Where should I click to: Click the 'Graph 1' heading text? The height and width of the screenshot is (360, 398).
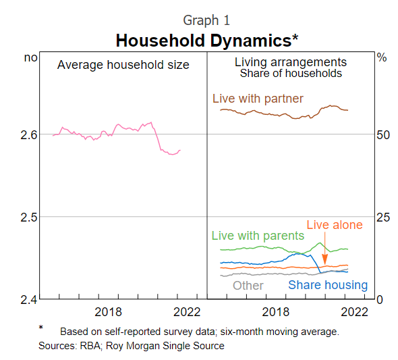[206, 20]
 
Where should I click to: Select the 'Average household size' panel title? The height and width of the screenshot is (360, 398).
[123, 65]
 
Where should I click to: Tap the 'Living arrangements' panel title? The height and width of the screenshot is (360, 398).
[291, 62]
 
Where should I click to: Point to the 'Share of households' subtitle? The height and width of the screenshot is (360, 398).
[291, 74]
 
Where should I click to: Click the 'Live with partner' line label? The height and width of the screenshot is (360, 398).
[258, 99]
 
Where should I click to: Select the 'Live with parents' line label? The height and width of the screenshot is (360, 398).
[258, 236]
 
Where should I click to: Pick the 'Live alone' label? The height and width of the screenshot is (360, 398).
[335, 225]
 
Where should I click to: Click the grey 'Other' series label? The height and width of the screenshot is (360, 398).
[248, 285]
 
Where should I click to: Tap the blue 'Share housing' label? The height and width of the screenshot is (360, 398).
[328, 285]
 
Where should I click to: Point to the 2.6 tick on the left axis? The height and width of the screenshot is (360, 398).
[28, 135]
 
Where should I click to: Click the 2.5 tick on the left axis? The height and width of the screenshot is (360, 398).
[28, 217]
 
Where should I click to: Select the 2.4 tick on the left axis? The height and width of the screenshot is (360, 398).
[28, 299]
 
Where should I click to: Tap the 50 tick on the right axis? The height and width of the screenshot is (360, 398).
[383, 135]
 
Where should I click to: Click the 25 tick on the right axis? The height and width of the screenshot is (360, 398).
[383, 217]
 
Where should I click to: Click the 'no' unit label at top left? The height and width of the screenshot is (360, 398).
[30, 58]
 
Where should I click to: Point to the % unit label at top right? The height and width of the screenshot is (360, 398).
[382, 58]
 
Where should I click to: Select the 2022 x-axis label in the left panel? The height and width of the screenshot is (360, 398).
[187, 311]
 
